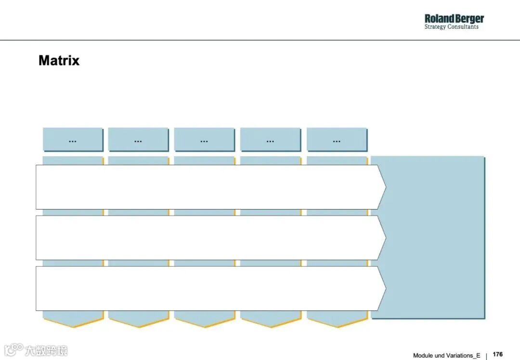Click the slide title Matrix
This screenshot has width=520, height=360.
coord(59,61)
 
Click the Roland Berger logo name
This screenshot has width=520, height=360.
coord(454,19)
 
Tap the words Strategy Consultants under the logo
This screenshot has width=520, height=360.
coord(451,27)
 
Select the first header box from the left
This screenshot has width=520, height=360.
coord(73,140)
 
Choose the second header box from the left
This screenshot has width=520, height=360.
coord(138,140)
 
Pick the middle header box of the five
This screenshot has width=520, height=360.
coord(204,140)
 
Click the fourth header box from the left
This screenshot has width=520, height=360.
coord(270,140)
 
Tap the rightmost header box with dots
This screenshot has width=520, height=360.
coord(337,140)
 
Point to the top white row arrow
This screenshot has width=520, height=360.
coord(207,187)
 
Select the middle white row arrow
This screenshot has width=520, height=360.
coord(207,238)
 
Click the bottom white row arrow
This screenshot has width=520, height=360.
coord(207,288)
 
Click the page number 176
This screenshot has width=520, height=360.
coord(498,354)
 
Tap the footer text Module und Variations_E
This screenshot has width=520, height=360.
coord(446,355)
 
